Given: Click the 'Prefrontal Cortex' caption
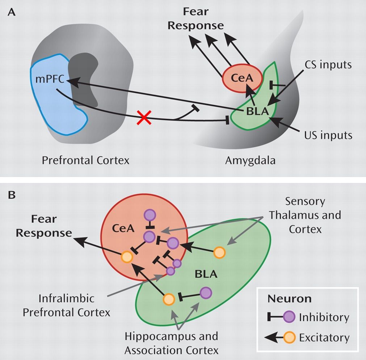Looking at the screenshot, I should click(x=85, y=160).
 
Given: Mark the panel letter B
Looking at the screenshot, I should click(x=12, y=196).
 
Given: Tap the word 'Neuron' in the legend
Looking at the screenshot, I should click(x=290, y=299).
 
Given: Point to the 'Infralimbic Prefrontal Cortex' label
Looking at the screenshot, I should click(x=66, y=305).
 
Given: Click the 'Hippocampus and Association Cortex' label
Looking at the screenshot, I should click(x=171, y=343).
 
